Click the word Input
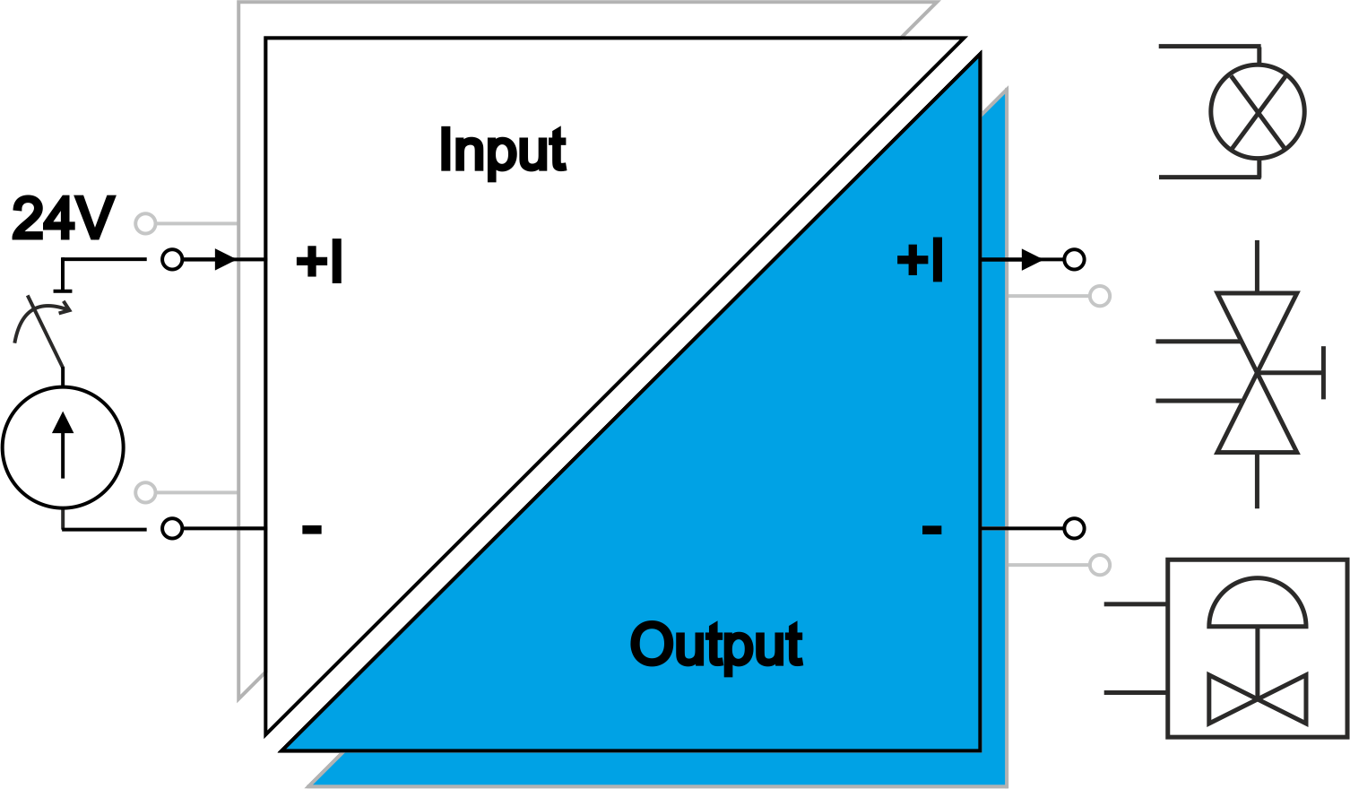(x=503, y=150)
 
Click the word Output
(x=716, y=645)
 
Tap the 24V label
(x=63, y=219)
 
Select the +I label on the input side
(x=319, y=262)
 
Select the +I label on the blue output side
(x=921, y=261)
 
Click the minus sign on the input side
(x=311, y=529)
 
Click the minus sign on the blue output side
(x=931, y=529)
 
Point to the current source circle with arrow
(x=63, y=447)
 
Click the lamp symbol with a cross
(x=1258, y=112)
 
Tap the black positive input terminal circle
(x=172, y=260)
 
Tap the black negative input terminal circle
(x=172, y=529)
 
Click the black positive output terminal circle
(x=1074, y=260)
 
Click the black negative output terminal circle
(x=1074, y=529)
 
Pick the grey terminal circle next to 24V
(x=145, y=223)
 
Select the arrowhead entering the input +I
(x=225, y=260)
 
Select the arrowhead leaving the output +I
(x=1032, y=260)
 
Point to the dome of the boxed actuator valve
(x=1258, y=603)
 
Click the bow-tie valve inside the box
(x=1258, y=698)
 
